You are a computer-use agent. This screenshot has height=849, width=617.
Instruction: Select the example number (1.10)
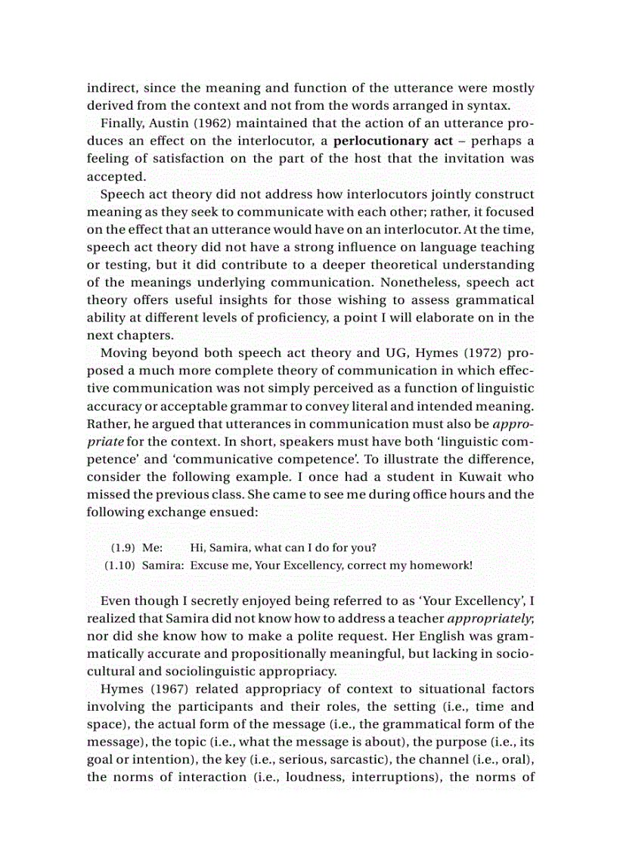[120, 565]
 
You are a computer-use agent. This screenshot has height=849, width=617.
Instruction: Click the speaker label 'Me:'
[153, 547]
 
